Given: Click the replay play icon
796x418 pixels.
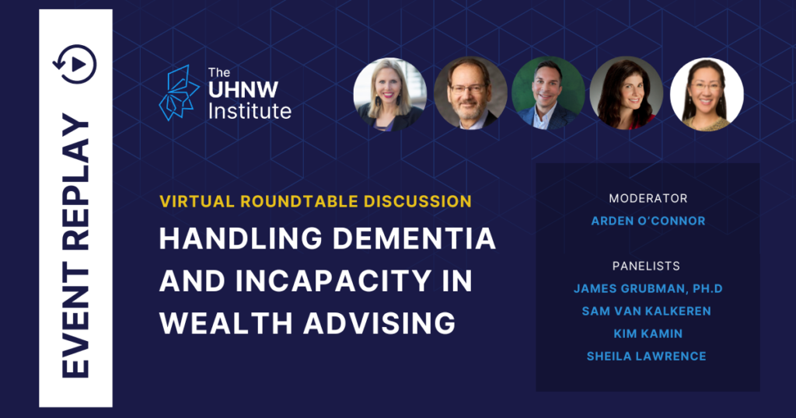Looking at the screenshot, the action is (x=75, y=64).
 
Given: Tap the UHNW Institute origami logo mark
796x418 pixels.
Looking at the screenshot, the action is (x=179, y=92).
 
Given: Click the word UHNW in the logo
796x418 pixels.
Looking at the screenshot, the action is (x=243, y=90).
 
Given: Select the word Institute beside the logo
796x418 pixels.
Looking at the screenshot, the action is (x=250, y=111).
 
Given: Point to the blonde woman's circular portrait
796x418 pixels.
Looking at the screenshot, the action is (x=390, y=94).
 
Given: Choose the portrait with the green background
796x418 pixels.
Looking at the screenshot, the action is (x=548, y=92).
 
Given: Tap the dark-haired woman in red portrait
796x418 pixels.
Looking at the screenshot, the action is (x=627, y=92).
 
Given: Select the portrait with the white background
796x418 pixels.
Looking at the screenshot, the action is (x=707, y=94).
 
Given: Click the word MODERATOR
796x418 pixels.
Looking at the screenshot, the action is (x=648, y=198).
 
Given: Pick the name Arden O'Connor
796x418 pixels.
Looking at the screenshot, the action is (x=648, y=221).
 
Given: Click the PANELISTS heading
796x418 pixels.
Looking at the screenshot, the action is (x=646, y=266).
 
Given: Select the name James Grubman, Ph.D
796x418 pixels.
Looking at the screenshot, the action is (x=648, y=289).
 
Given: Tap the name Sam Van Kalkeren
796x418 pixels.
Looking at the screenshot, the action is (x=646, y=311).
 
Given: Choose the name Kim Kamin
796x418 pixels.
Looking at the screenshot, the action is (x=648, y=334).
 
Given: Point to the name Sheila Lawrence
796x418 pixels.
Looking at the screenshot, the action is (x=646, y=356).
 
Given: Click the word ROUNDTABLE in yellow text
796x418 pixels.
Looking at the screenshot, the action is (x=292, y=201).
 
